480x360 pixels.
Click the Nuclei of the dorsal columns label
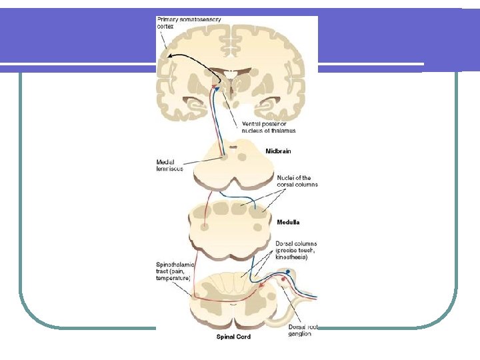[297, 181]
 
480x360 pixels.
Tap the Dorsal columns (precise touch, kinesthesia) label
[297, 251]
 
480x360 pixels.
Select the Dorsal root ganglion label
[294, 329]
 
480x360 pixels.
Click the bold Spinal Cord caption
[233, 337]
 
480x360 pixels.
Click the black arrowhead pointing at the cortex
[170, 56]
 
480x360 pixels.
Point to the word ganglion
[294, 333]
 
